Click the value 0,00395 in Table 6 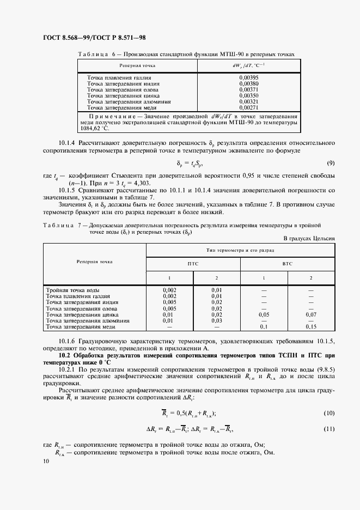248,78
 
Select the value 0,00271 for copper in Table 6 248,107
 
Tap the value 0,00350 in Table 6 248,95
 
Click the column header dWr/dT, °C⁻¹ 248,65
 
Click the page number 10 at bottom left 45,462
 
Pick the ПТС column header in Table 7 193,263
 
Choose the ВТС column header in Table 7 288,263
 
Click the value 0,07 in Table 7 311,314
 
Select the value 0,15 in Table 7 311,326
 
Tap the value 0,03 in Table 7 217,320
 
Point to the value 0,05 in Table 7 264,314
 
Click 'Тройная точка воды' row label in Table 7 73,290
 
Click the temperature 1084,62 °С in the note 94,129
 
